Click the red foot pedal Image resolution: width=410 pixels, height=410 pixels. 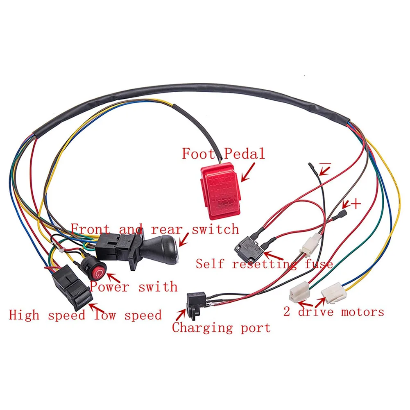pos(221,191)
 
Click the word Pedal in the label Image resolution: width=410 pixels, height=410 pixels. pos(245,154)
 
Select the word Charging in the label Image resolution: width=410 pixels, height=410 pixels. pos(202,328)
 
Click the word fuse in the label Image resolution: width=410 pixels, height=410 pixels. pos(319,264)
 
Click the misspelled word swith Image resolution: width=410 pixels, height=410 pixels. pos(158,287)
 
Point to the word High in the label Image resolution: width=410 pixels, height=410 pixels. pos(24,315)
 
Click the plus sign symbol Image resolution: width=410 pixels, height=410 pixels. pos(356,204)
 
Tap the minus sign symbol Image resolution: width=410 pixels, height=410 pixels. pos(325,164)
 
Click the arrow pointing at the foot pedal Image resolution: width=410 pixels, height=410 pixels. pos(247,172)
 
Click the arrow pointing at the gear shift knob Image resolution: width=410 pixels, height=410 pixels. pos(184,240)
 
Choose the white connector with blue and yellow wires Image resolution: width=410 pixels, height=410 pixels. pos(334,293)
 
